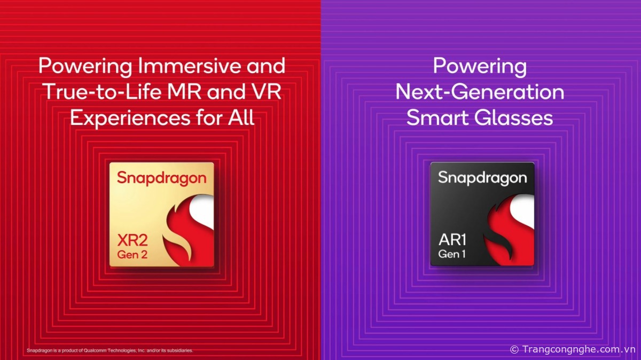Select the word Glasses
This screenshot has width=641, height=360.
(x=513, y=118)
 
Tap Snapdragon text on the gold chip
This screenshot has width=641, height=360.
(x=162, y=178)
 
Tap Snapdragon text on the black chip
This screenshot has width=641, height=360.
(x=482, y=178)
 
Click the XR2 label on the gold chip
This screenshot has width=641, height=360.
(x=132, y=240)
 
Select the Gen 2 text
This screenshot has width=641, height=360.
(x=132, y=254)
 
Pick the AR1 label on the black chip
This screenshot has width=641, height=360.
(x=452, y=240)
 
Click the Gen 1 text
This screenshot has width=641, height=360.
(x=452, y=254)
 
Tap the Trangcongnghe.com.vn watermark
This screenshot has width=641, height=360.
(x=573, y=349)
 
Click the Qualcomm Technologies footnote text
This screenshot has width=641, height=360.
(x=110, y=350)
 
